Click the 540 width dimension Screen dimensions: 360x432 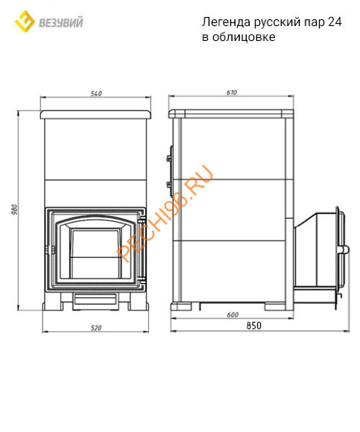96,93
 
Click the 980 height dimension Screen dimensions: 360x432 15,209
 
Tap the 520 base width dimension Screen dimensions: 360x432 96,328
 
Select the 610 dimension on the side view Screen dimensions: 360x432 232,92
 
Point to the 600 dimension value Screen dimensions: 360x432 233,314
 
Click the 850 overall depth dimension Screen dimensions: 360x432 253,325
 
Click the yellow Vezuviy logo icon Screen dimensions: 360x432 25,22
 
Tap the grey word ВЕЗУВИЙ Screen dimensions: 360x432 61,23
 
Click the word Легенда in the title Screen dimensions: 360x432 226,22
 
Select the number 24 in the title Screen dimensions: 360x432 335,22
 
